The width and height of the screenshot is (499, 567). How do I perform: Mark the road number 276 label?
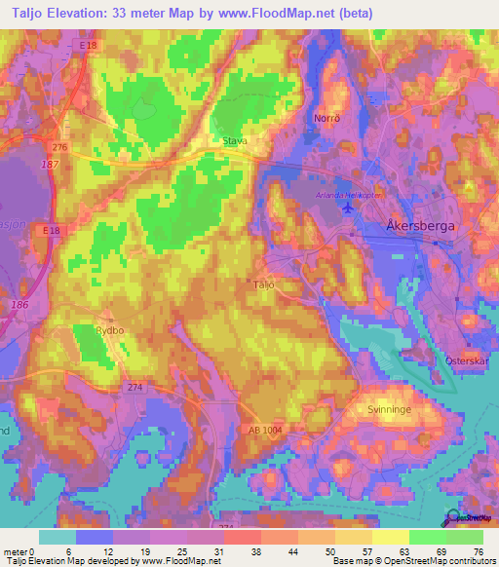tap(60, 147)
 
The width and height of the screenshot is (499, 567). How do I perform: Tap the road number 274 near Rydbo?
tap(135, 387)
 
